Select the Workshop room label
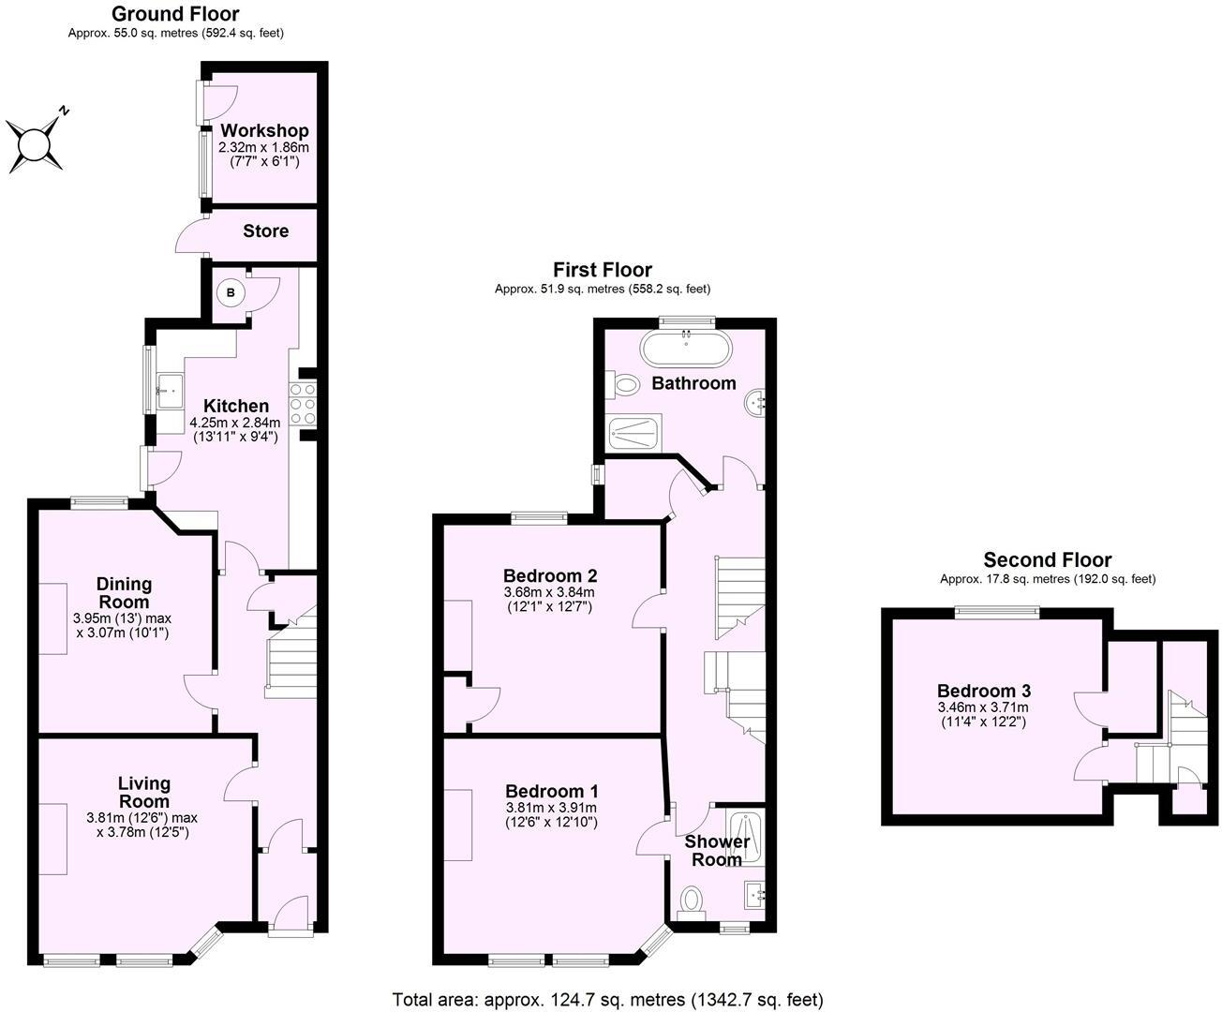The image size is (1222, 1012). (x=264, y=130)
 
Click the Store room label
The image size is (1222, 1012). (x=266, y=231)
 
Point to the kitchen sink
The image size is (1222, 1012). (x=170, y=387)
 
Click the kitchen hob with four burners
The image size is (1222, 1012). (x=303, y=405)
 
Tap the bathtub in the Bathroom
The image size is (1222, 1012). (x=688, y=349)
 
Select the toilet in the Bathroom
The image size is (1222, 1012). (x=622, y=382)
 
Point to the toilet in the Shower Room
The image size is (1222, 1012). (x=693, y=900)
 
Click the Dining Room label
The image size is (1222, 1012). (x=124, y=592)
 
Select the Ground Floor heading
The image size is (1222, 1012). (x=175, y=14)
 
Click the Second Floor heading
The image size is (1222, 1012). (x=1047, y=560)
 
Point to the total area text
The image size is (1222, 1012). (x=607, y=999)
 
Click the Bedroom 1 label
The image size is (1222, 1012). (x=551, y=792)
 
